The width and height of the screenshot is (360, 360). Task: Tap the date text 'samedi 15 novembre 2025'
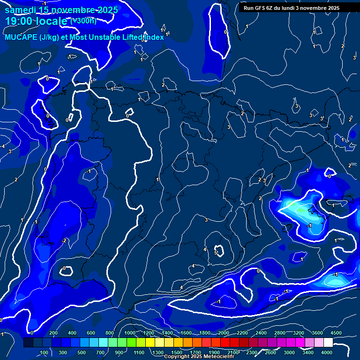click(x=61, y=10)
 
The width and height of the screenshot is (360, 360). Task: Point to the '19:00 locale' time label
click(x=36, y=22)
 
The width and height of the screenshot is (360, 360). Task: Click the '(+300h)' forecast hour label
click(x=83, y=21)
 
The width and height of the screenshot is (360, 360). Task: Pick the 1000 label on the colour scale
click(x=130, y=333)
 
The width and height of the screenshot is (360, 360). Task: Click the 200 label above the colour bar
click(x=53, y=333)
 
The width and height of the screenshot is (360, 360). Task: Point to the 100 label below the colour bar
click(x=44, y=352)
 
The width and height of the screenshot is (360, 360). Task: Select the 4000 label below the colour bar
click(x=327, y=352)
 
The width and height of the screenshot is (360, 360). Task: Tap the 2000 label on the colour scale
click(x=224, y=333)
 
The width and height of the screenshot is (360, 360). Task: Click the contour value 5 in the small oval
click(x=216, y=253)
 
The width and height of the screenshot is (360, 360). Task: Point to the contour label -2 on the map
click(x=64, y=240)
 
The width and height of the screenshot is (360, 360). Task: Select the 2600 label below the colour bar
click(x=270, y=352)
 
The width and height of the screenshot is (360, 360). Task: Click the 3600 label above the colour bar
click(x=317, y=333)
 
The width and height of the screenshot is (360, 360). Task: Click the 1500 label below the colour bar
click(x=177, y=352)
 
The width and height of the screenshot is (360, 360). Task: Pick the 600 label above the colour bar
click(x=90, y=333)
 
